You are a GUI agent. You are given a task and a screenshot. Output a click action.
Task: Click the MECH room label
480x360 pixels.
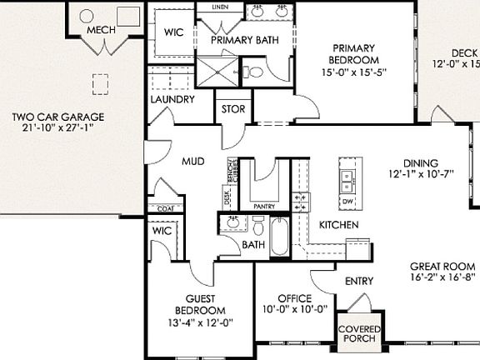click(101, 31)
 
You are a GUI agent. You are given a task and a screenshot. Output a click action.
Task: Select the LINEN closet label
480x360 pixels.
click(221, 7)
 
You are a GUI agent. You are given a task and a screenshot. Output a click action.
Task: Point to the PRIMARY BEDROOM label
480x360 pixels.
click(356, 54)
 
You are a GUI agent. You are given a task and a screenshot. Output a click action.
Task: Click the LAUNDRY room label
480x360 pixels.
click(172, 99)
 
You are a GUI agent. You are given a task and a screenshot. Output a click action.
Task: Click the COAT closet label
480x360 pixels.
click(164, 208)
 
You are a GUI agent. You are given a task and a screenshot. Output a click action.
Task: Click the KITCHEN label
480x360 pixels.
click(339, 225)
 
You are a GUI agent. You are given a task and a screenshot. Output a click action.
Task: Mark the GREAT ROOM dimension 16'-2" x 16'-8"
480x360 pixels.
click(442, 277)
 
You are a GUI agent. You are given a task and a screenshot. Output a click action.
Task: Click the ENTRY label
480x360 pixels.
click(358, 282)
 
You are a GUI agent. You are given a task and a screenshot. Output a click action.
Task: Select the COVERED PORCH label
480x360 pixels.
click(358, 333)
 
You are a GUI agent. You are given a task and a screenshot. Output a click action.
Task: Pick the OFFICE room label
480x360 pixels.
click(295, 298)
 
